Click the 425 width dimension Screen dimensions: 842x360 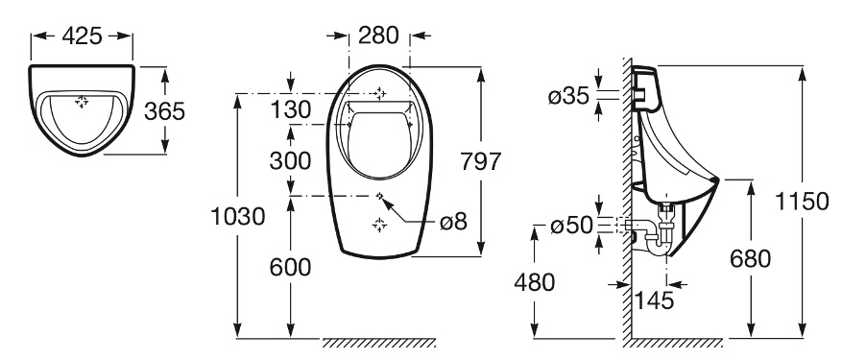point(82,36)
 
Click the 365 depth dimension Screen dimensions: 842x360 point(165,111)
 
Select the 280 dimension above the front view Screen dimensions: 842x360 point(378,36)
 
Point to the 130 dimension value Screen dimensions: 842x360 point(291,110)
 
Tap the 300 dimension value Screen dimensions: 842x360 point(291,160)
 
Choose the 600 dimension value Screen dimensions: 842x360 point(291,267)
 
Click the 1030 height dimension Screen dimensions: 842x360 point(238,217)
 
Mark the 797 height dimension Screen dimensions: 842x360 point(481,161)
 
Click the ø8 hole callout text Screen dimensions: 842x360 point(454,222)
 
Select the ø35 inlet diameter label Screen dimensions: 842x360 point(568,97)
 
